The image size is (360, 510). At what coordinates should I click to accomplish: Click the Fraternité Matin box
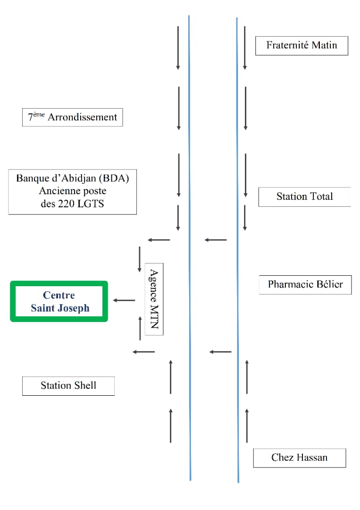click(x=301, y=46)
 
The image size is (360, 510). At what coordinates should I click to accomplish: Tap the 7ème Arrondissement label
click(x=73, y=117)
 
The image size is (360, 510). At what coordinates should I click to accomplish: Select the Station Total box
click(x=305, y=197)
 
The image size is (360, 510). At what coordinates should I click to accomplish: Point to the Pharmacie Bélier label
click(x=305, y=285)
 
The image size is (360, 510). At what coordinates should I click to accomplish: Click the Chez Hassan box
click(x=300, y=458)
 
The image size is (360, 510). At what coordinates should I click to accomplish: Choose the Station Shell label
click(x=68, y=386)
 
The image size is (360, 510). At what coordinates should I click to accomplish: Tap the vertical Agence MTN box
click(x=154, y=299)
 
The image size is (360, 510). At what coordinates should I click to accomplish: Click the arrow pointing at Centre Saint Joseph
click(x=124, y=300)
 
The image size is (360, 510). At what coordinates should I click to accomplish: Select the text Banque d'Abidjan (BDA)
click(x=73, y=178)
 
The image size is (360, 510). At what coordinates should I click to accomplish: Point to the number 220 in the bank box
click(x=66, y=204)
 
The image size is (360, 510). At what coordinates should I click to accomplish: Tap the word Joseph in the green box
click(x=73, y=308)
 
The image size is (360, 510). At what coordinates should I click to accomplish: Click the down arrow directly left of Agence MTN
click(x=140, y=259)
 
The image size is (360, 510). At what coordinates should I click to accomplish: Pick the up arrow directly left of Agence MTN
click(x=140, y=329)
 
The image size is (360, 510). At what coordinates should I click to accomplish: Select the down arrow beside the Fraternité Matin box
click(x=245, y=48)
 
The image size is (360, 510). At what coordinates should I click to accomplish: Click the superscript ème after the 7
click(x=39, y=114)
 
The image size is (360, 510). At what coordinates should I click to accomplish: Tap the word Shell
click(x=85, y=385)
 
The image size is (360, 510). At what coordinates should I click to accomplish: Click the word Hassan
click(x=312, y=458)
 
